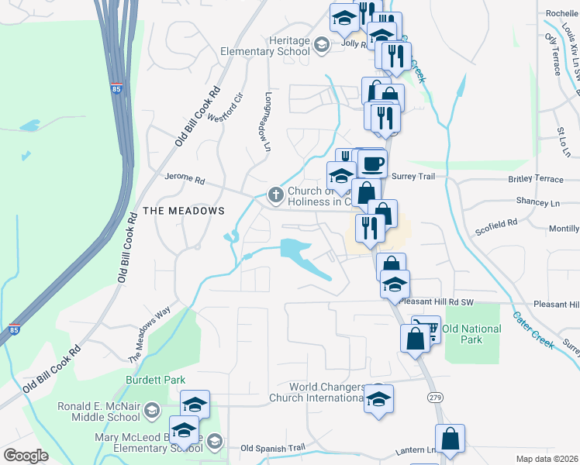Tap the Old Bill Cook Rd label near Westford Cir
(198, 116)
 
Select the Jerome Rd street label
(184, 179)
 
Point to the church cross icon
(274, 194)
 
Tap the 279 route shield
(436, 397)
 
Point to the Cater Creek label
(533, 330)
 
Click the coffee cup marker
(372, 164)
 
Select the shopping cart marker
(426, 328)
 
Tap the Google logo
(26, 456)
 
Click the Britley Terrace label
(536, 180)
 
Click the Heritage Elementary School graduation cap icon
(321, 45)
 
